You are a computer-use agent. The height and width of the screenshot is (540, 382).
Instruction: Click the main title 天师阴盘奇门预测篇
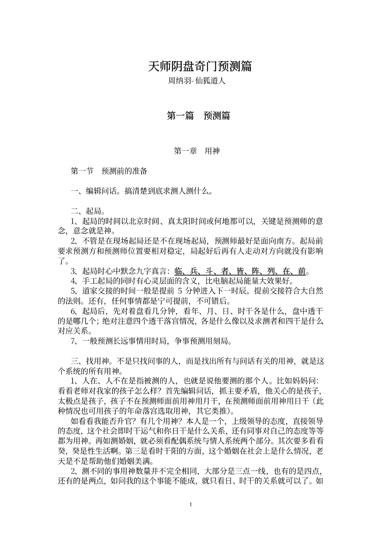[x=200, y=66]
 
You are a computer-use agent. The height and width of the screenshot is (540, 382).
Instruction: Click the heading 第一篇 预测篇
[x=198, y=116]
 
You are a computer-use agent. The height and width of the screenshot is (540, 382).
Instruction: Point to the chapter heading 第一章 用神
[x=197, y=151]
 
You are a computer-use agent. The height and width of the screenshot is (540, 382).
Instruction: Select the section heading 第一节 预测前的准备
[x=109, y=171]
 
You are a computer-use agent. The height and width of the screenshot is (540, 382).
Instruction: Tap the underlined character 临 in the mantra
[x=178, y=272]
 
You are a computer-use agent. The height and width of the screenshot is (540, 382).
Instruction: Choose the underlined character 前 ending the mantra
[x=301, y=272]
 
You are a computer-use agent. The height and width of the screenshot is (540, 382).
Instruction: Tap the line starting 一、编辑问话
[x=142, y=192]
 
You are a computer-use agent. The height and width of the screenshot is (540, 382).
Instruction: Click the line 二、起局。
[x=88, y=211]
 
